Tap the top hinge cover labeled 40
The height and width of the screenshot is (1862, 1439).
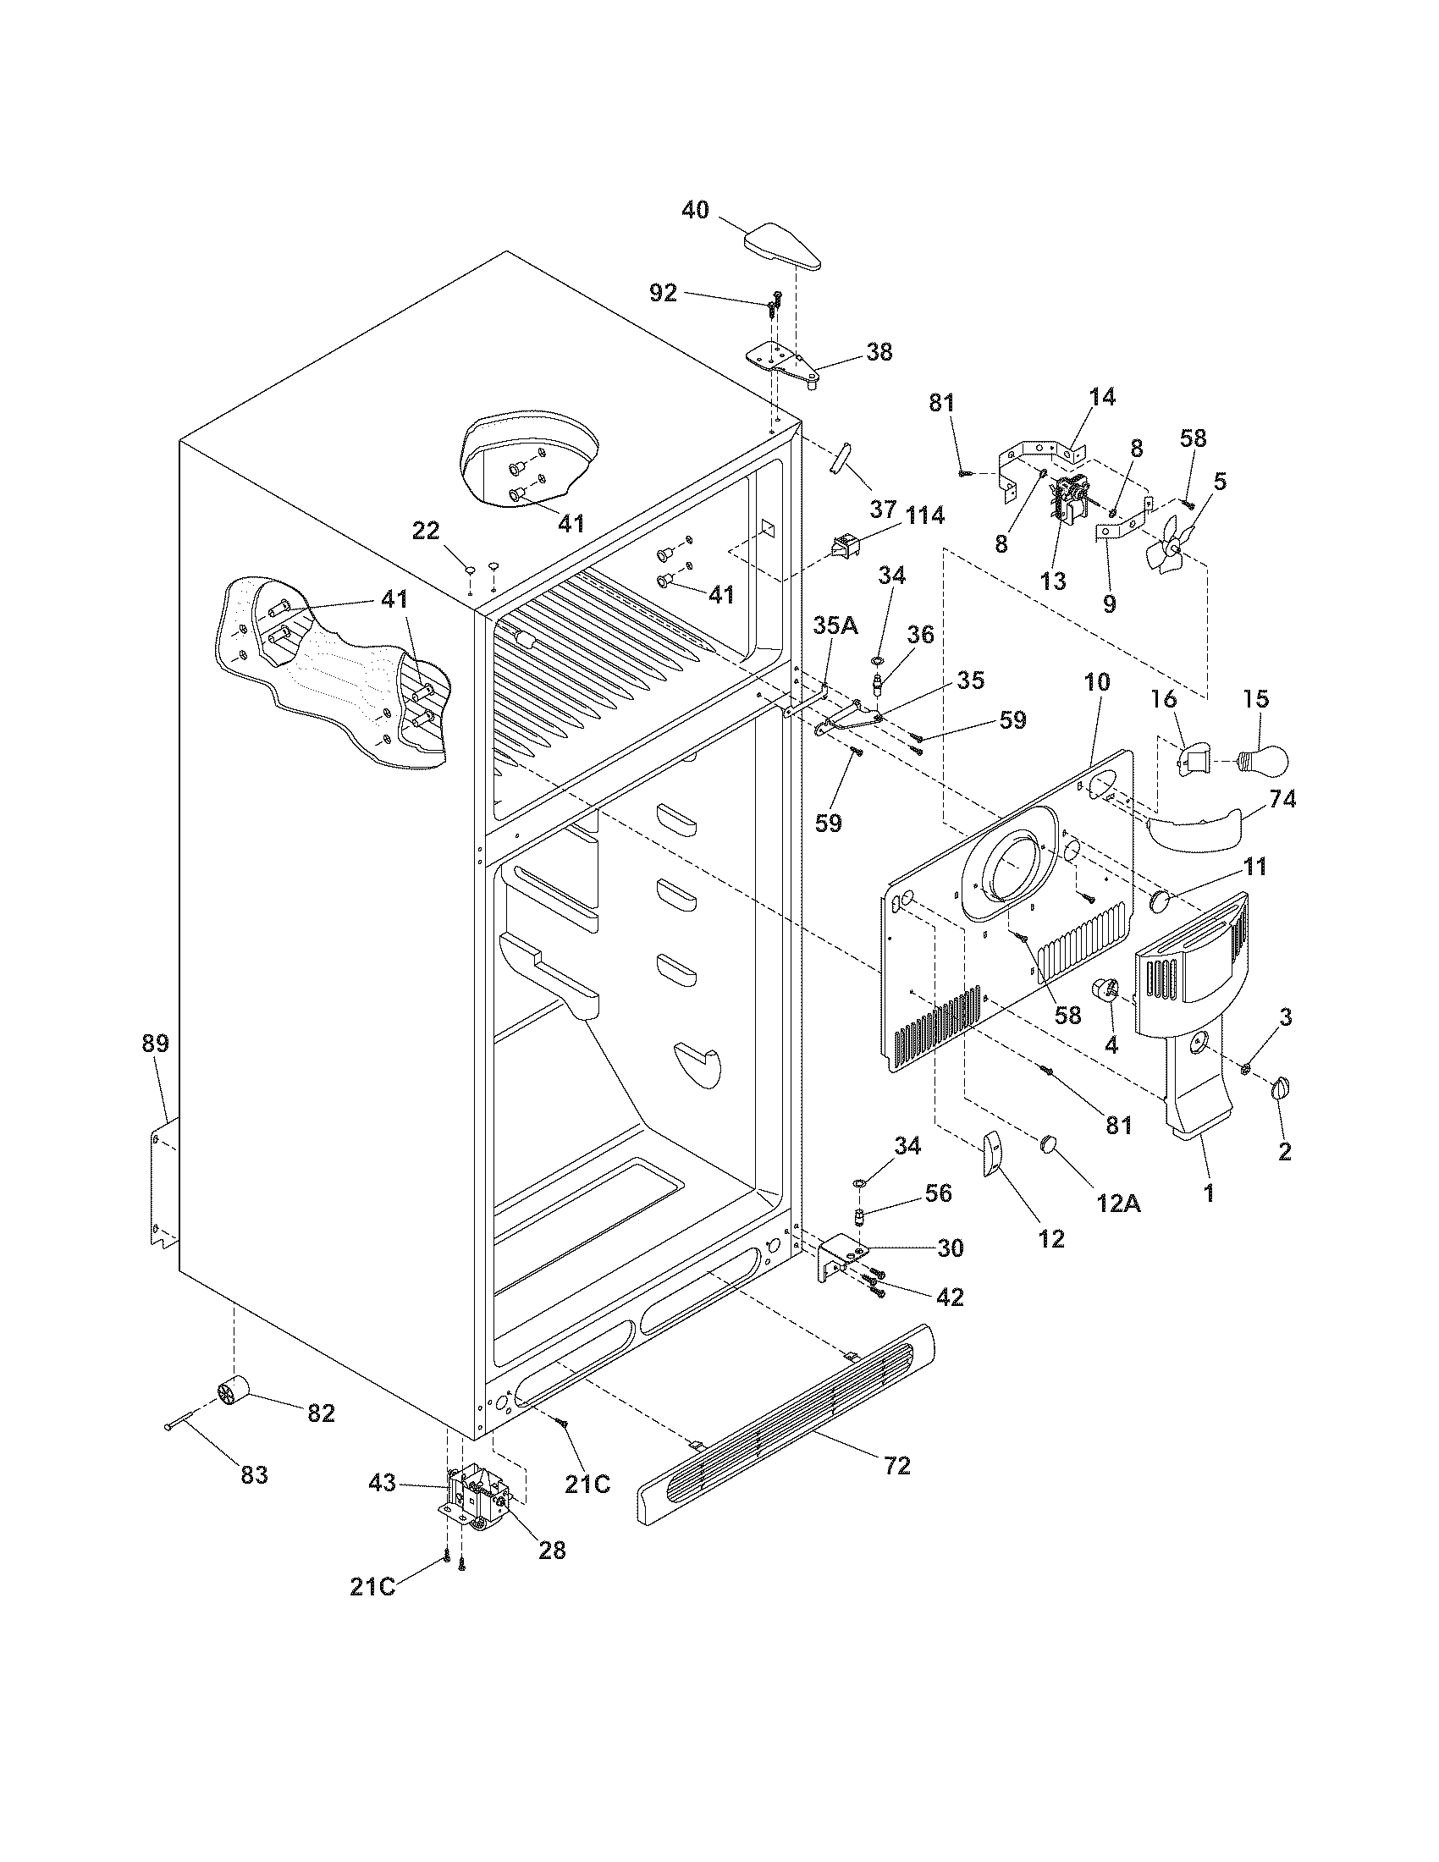[785, 247]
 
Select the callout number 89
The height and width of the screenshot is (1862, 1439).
[156, 1043]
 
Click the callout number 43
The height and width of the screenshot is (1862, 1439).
[382, 1483]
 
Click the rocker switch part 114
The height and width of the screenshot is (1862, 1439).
[845, 545]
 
